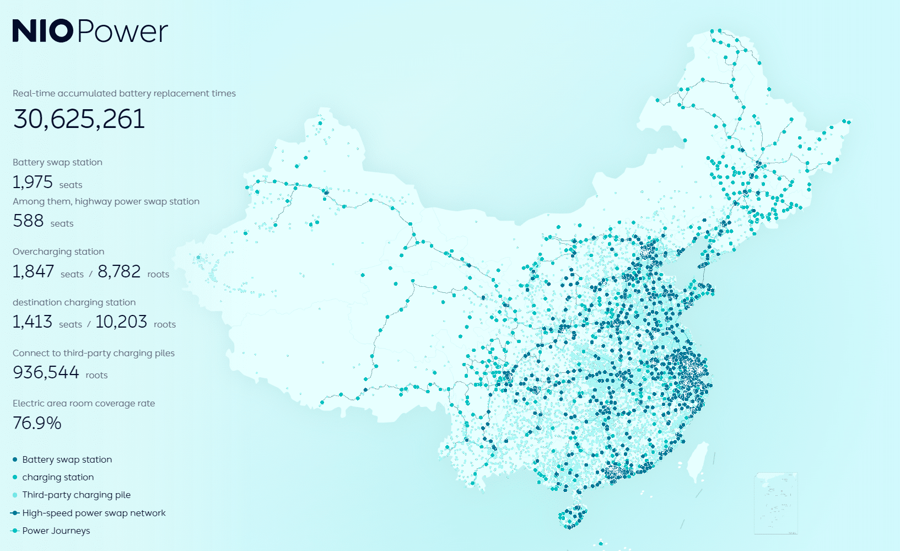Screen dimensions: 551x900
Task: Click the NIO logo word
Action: [x=42, y=31]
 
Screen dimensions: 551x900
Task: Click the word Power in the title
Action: [x=122, y=32]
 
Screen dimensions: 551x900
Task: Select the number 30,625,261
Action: [x=79, y=119]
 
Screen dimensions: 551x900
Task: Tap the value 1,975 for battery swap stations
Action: [x=33, y=182]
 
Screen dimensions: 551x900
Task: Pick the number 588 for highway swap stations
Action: [x=28, y=221]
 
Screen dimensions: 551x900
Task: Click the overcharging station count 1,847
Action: [x=33, y=271]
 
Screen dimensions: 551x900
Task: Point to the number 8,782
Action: [x=119, y=271]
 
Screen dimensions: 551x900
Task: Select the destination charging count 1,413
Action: [x=33, y=322]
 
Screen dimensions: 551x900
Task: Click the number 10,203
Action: [x=121, y=322]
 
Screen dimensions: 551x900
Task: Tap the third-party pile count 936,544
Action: [x=46, y=372]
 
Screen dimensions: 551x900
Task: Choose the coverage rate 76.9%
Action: [x=37, y=423]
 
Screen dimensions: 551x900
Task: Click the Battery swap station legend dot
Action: [x=15, y=459]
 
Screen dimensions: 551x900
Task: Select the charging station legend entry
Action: [x=57, y=477]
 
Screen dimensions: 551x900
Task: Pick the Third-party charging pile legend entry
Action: [x=76, y=495]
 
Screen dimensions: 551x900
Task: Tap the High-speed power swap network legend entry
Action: [x=94, y=513]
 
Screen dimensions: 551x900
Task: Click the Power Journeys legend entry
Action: [x=56, y=531]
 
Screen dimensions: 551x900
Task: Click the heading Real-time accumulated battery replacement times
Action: [x=124, y=93]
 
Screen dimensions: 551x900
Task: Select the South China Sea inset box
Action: [x=775, y=503]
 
